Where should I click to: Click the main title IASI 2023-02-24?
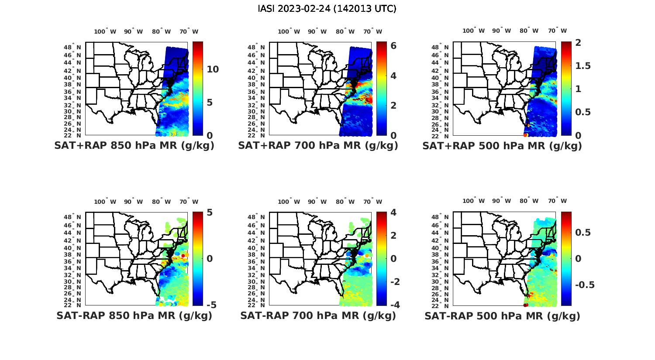click(x=327, y=9)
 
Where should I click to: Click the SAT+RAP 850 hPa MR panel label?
click(x=134, y=146)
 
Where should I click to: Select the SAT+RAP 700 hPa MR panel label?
click(x=318, y=146)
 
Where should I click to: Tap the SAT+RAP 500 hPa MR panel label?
click(x=502, y=146)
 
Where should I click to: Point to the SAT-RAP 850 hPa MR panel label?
click(x=134, y=315)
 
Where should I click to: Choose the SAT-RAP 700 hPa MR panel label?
click(x=318, y=315)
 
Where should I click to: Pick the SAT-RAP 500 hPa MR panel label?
click(x=502, y=315)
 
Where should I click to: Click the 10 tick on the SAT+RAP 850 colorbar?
click(x=213, y=69)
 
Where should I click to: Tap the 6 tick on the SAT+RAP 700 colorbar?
click(x=393, y=45)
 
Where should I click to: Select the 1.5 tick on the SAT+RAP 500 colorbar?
click(x=583, y=66)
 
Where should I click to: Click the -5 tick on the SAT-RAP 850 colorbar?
click(x=212, y=305)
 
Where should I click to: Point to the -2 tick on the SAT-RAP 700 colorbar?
click(x=394, y=281)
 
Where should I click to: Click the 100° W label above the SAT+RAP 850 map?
click(x=105, y=31)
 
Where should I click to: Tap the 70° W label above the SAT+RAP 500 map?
click(x=558, y=31)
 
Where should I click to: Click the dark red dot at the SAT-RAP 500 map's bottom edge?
click(x=526, y=305)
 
